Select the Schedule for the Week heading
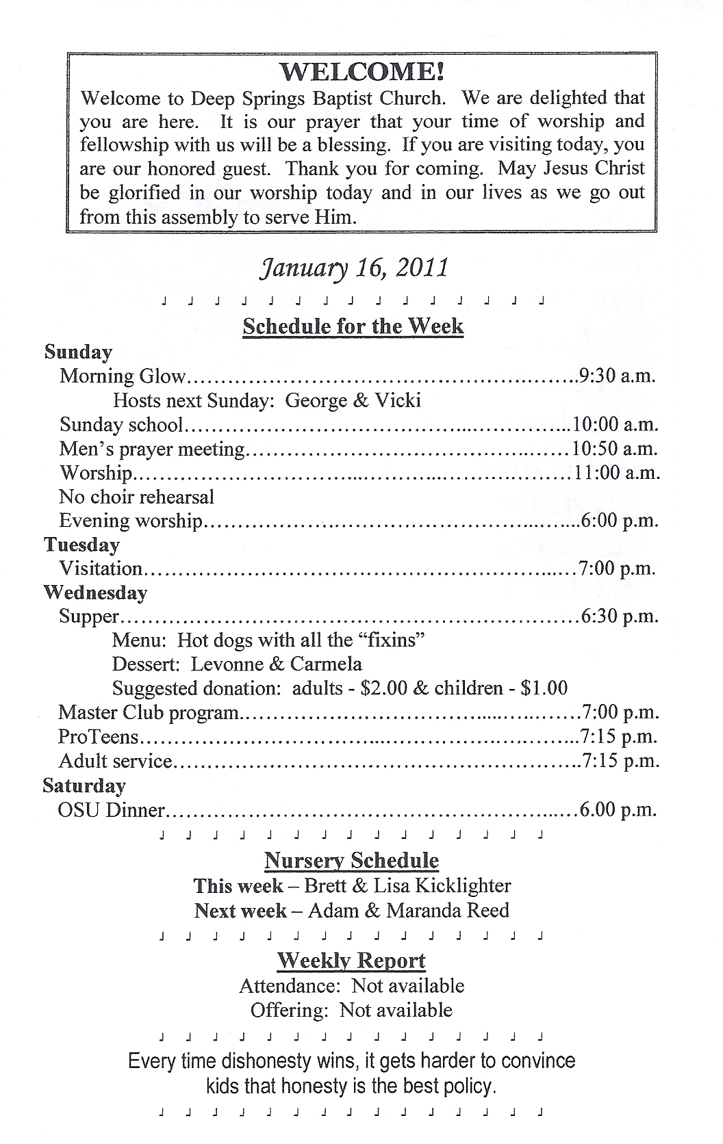[353, 326]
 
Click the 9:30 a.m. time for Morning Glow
[617, 376]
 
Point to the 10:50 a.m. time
[615, 449]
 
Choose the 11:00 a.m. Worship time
[616, 473]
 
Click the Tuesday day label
[81, 545]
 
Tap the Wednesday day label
[95, 593]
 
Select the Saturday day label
[84, 785]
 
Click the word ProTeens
[99, 737]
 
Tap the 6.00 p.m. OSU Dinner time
[618, 810]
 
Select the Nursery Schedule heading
[352, 861]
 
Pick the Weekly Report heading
[351, 961]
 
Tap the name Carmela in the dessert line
[326, 664]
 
